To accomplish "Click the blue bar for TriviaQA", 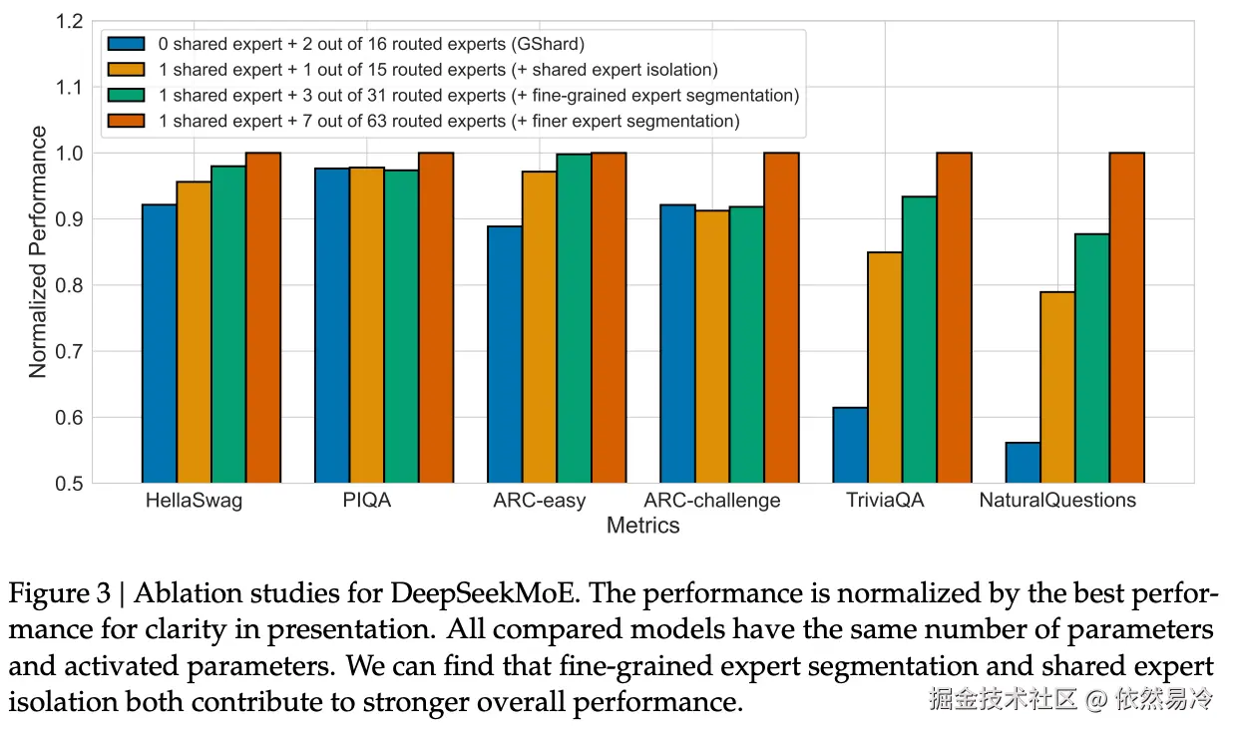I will click(850, 445).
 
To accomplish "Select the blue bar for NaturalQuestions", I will click(1023, 463).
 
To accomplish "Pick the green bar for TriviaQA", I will click(920, 339).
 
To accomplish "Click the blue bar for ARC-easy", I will click(505, 354).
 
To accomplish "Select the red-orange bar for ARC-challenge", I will click(781, 317).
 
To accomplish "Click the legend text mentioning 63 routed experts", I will click(448, 122).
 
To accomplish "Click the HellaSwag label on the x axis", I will click(194, 500).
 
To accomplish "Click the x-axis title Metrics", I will click(643, 525).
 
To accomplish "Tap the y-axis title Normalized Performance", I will click(38, 251).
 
